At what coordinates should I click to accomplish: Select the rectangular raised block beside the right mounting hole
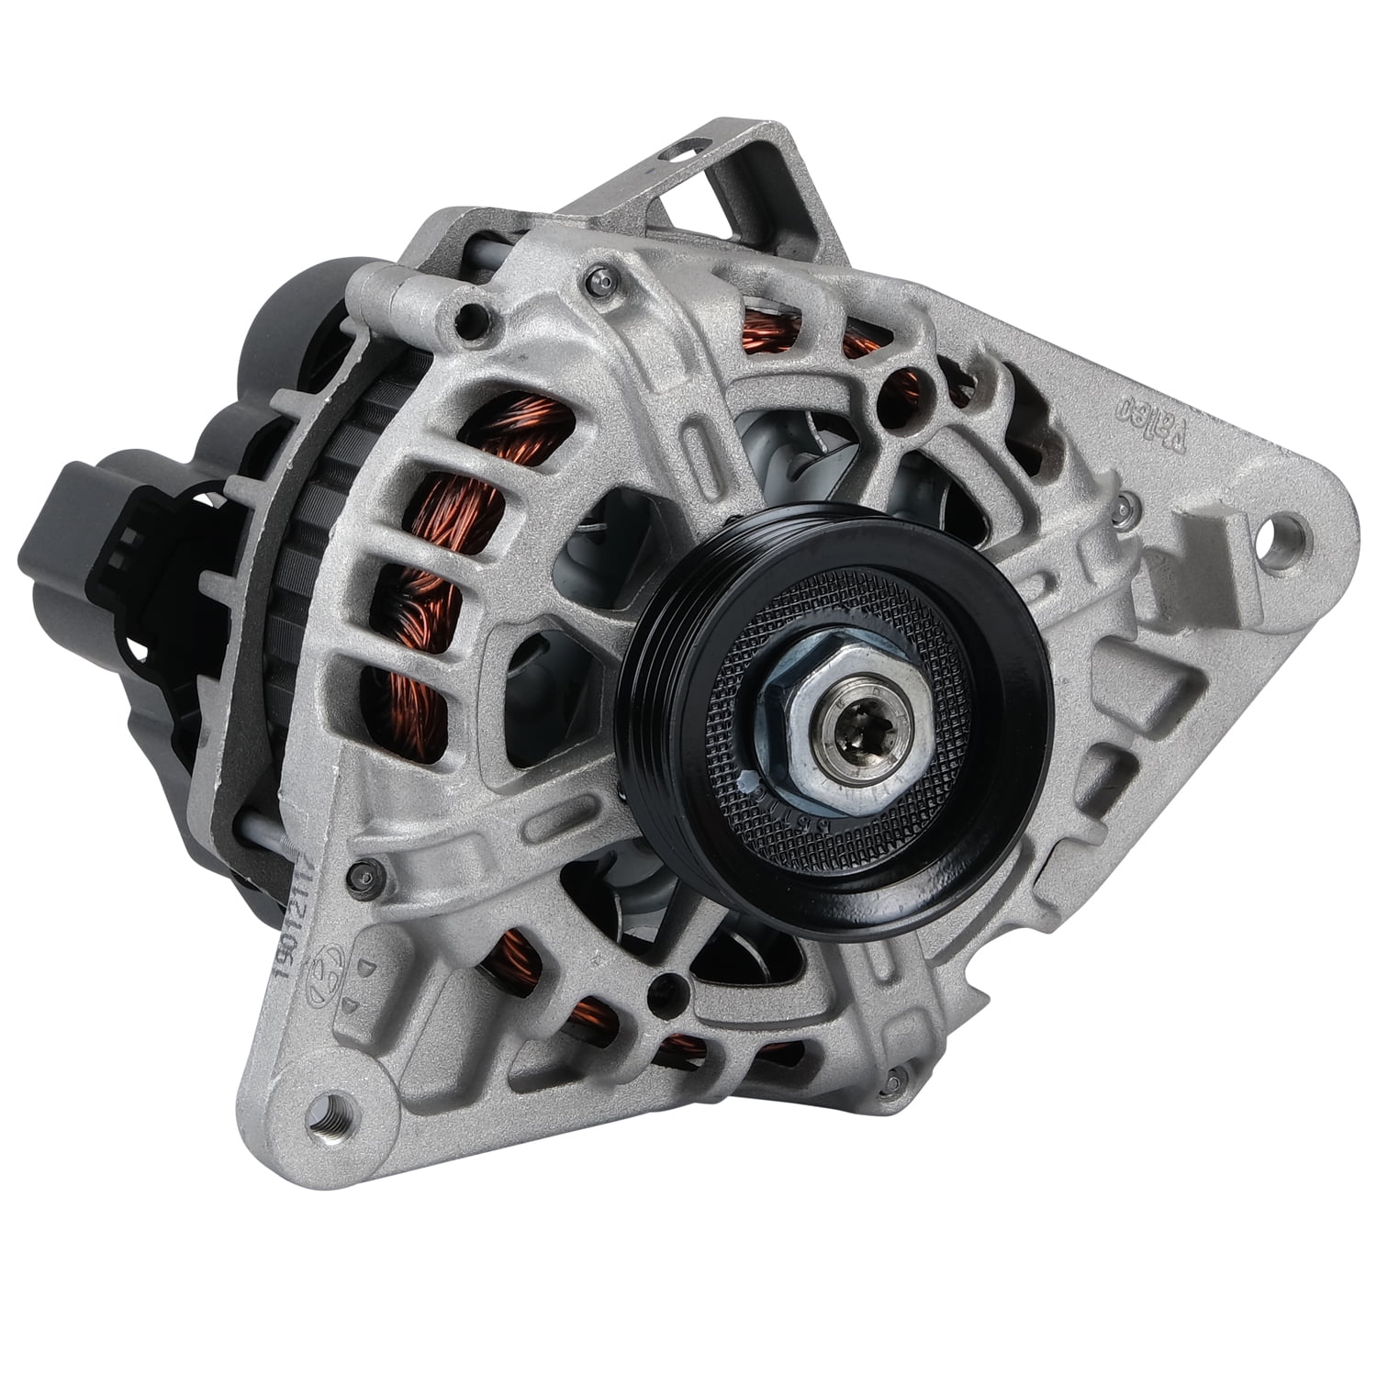pyautogui.click(x=1198, y=551)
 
